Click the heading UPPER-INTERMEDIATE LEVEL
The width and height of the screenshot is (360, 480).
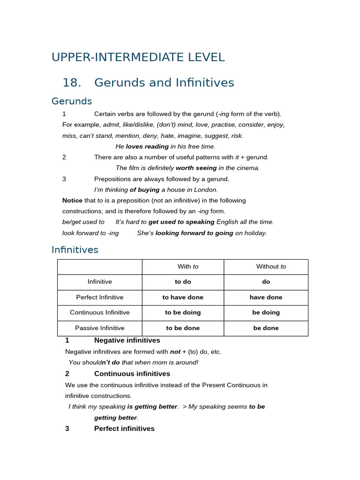(x=138, y=57)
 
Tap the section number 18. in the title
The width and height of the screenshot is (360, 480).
(x=72, y=83)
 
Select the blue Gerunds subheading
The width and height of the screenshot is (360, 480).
(x=72, y=101)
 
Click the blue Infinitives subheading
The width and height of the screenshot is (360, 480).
(x=75, y=250)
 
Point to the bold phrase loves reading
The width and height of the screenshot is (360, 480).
(x=147, y=146)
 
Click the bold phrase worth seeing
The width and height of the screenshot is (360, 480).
(x=196, y=168)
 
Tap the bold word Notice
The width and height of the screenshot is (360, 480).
(x=72, y=201)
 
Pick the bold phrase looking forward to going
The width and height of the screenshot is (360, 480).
(x=194, y=233)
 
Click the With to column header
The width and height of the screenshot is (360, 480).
(x=187, y=267)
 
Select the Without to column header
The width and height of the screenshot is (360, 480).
(x=271, y=267)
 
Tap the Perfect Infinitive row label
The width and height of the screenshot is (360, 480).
(x=100, y=297)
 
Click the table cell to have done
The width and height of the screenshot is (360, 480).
(x=183, y=297)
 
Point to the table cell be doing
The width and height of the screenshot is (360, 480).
(x=266, y=313)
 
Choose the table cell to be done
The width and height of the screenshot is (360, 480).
(x=183, y=328)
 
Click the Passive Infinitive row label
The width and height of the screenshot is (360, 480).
(x=100, y=328)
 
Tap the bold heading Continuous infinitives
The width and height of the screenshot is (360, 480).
(x=132, y=374)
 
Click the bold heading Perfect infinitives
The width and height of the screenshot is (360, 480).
(x=124, y=428)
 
